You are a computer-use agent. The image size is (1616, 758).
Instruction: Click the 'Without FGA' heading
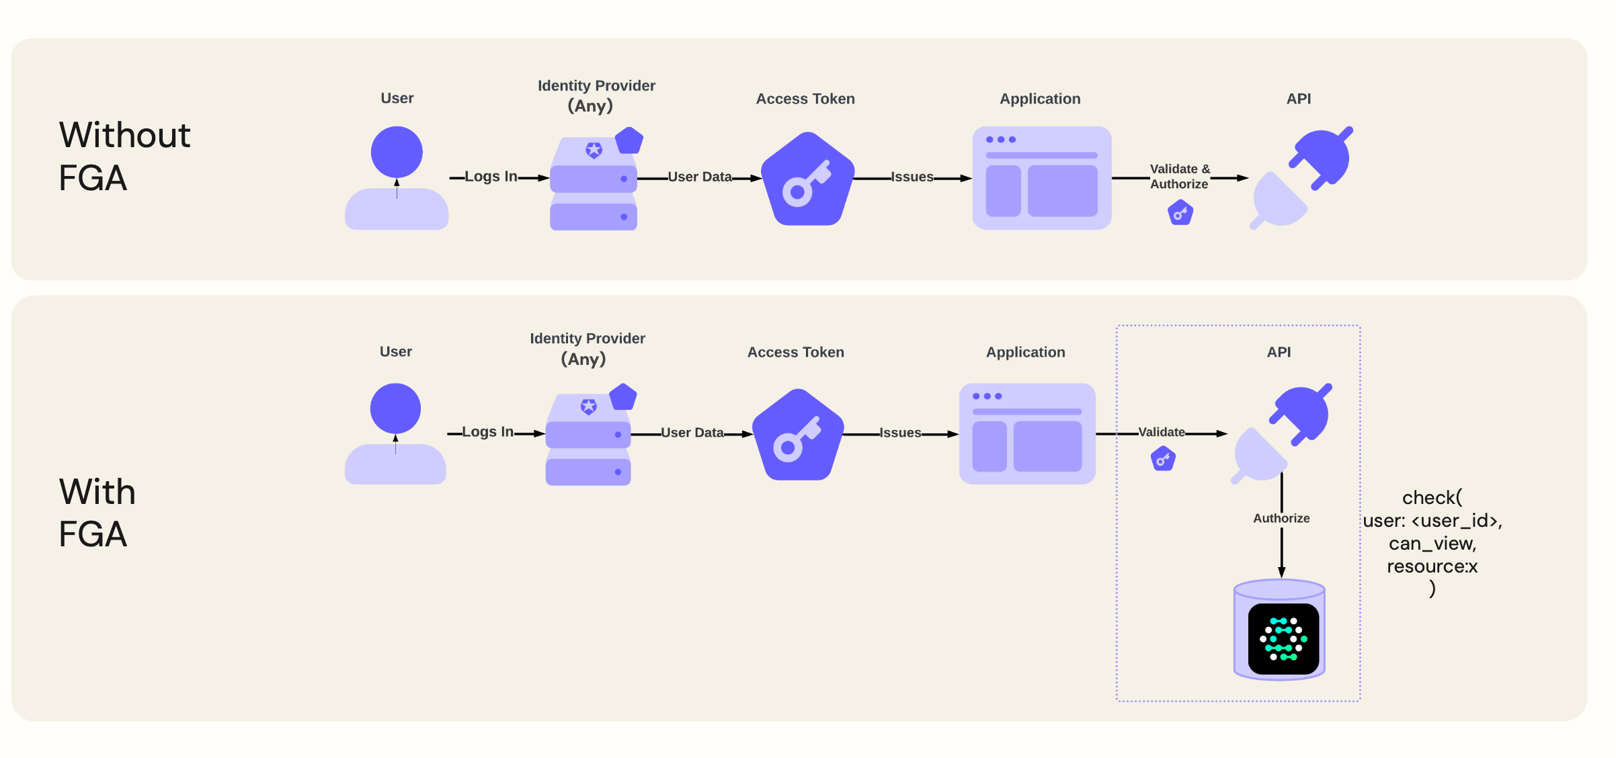point(125,156)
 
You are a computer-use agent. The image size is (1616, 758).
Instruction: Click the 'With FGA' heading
point(97,512)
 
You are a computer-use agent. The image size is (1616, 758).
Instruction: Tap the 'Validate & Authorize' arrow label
point(1180,177)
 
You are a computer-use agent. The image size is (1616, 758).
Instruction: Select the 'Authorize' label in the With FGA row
point(1281,518)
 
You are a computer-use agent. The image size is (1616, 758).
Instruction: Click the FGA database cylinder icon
point(1280,630)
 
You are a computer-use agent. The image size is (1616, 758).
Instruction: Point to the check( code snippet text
point(1432,542)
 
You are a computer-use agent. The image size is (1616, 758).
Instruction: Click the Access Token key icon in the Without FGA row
point(807,179)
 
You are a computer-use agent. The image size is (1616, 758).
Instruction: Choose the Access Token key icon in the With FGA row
point(798,435)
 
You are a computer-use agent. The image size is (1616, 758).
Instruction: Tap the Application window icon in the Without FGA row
point(1041,178)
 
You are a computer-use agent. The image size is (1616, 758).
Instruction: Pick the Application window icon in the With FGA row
point(1027,434)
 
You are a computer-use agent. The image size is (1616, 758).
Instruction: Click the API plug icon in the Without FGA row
point(1301,177)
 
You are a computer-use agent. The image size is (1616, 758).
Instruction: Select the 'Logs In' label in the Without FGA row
point(491,177)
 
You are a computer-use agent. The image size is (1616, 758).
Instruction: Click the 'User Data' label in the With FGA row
point(692,433)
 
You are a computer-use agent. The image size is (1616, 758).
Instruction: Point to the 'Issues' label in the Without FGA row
point(912,177)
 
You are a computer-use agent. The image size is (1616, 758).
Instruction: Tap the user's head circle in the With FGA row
point(395,409)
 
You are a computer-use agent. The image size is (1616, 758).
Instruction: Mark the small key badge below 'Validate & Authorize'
point(1180,214)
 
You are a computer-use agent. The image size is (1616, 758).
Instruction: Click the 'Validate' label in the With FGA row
point(1162,432)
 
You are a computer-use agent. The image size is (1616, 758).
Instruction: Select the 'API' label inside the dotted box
point(1279,352)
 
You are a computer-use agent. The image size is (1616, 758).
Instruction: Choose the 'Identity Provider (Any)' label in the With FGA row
point(587,348)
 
